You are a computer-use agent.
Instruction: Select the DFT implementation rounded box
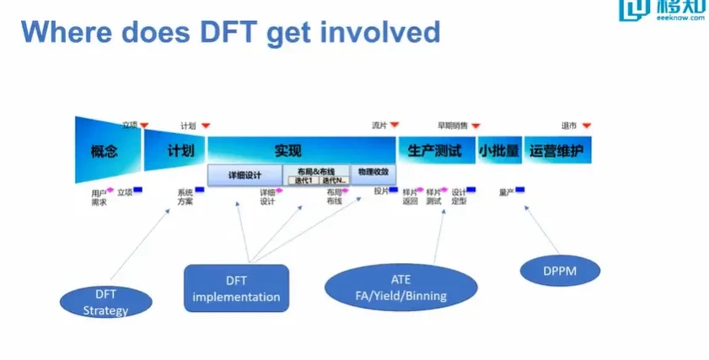pos(236,288)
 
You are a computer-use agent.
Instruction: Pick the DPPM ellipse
pos(560,271)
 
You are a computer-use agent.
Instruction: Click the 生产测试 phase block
pos(434,151)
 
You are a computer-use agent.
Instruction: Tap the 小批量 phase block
pos(499,151)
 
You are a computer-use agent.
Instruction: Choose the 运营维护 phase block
pos(556,151)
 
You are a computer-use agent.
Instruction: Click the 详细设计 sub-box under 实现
pos(244,175)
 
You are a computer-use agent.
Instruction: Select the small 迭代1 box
pos(303,180)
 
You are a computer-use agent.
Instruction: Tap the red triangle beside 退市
pos(587,126)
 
